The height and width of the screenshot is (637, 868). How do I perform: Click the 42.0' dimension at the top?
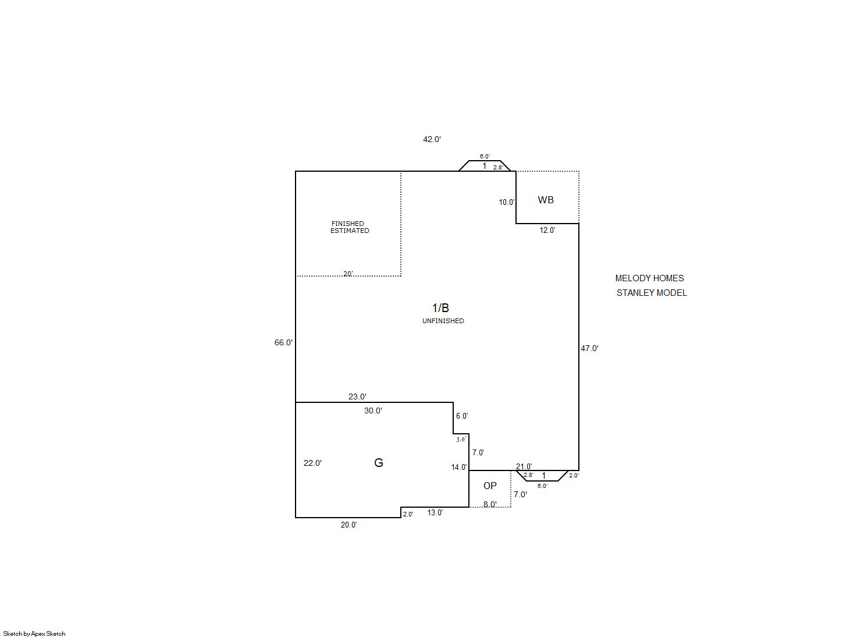(x=432, y=139)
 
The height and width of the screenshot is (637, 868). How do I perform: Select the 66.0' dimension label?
(x=283, y=342)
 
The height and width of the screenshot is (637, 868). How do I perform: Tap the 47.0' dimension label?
(x=589, y=348)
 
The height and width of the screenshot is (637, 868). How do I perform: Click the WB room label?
(x=546, y=200)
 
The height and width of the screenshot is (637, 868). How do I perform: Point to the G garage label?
(x=379, y=463)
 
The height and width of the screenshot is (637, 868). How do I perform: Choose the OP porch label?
(x=490, y=486)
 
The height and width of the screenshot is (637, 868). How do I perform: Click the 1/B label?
(x=440, y=308)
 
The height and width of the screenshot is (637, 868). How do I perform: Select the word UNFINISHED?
(x=443, y=321)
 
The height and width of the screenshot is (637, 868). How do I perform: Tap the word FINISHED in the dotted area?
(x=347, y=224)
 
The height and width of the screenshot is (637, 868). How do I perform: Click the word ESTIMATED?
(x=350, y=231)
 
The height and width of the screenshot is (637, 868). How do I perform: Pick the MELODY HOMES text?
(x=649, y=278)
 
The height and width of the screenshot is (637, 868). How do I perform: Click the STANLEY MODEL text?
(x=652, y=293)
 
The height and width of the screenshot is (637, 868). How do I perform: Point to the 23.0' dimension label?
(x=357, y=397)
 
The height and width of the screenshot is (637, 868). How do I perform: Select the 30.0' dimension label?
(x=373, y=410)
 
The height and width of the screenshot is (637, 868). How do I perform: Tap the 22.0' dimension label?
(x=313, y=463)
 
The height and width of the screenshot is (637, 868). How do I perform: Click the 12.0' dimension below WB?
(x=547, y=231)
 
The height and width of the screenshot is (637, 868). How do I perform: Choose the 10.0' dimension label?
(x=507, y=202)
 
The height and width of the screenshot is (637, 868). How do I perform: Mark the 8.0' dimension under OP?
(x=490, y=504)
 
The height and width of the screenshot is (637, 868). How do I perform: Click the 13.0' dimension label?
(x=435, y=513)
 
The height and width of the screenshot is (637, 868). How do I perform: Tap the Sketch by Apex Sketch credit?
(x=34, y=634)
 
